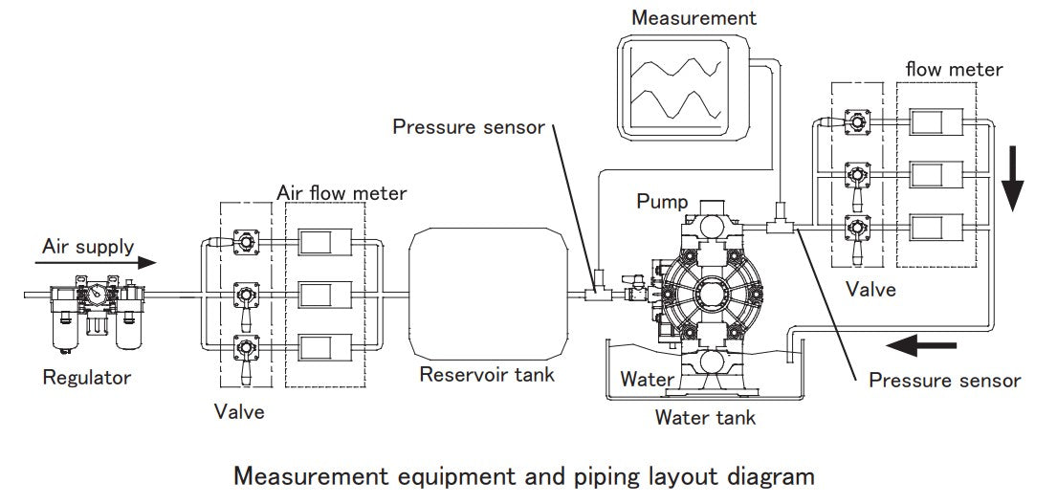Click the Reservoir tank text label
pyautogui.click(x=487, y=374)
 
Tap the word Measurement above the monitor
pyautogui.click(x=694, y=17)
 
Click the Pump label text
pyautogui.click(x=662, y=202)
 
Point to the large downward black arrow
pyautogui.click(x=1014, y=182)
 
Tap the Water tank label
pyautogui.click(x=705, y=417)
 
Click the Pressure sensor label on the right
pyautogui.click(x=944, y=381)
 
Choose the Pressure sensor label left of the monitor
pyautogui.click(x=469, y=127)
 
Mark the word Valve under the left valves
pyautogui.click(x=239, y=412)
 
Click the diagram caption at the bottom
pyautogui.click(x=524, y=475)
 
